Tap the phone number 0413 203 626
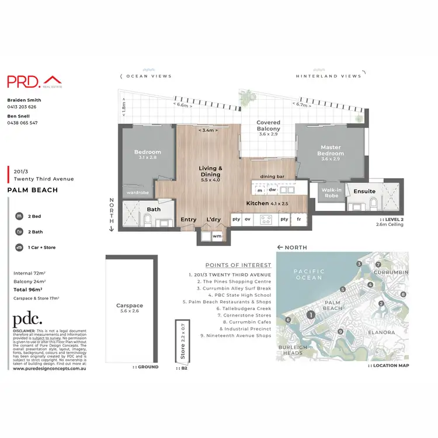tap(22, 107)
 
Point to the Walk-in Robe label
tap(331, 193)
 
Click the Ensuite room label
tap(364, 191)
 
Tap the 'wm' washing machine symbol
tap(217, 236)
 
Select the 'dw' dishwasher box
tap(272, 190)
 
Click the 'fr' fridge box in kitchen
tap(300, 219)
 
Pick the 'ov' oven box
tap(248, 219)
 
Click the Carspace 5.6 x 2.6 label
tap(130, 309)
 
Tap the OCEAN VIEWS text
tap(147, 76)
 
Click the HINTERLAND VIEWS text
tap(328, 76)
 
